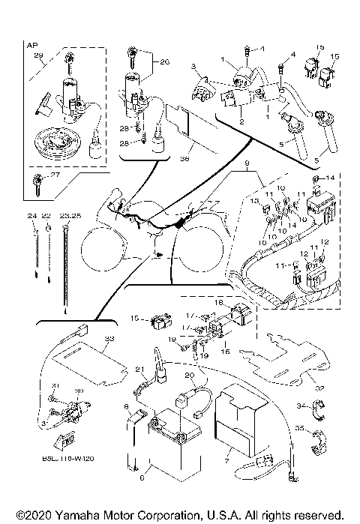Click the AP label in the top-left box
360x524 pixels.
click(x=32, y=46)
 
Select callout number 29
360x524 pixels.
click(x=40, y=57)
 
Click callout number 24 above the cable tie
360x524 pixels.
click(x=32, y=216)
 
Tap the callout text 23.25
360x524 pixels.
click(x=69, y=216)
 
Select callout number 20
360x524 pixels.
click(x=189, y=376)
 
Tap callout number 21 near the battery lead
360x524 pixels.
click(x=139, y=370)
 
